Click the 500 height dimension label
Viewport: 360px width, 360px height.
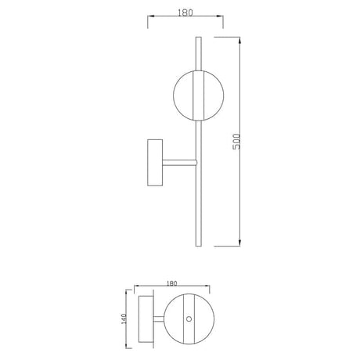tap(236, 142)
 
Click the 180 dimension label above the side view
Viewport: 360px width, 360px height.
tap(185, 13)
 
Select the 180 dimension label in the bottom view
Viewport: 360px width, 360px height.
tap(171, 283)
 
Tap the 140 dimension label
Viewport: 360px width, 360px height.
tap(124, 319)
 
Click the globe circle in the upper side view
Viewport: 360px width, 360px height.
tap(174, 95)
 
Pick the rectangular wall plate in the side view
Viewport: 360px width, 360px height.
tap(155, 163)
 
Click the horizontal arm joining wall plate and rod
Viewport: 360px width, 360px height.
tap(179, 163)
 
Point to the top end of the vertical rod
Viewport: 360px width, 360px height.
tap(199, 38)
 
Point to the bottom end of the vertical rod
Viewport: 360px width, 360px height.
tap(199, 246)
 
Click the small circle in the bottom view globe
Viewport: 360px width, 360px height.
tap(189, 319)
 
